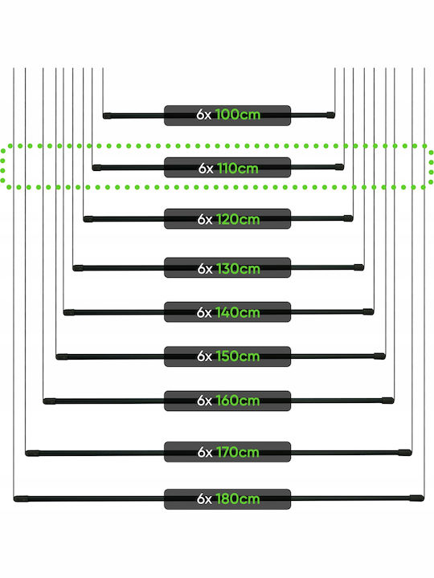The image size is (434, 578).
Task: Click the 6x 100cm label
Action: pos(227,115)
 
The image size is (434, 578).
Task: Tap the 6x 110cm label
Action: pos(227,168)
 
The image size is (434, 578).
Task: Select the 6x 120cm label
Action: pos(227,219)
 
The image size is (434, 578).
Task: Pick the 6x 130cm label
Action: pos(227,268)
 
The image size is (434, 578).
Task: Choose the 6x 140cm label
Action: pos(227,312)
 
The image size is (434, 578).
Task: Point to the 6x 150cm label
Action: pos(227,356)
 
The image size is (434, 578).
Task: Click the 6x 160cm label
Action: pos(227,401)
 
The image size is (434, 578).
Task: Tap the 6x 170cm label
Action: pos(227,452)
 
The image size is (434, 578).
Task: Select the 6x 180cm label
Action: pos(227,499)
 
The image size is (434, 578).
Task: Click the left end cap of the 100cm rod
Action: pos(107,116)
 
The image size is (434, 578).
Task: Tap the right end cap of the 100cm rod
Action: pos(330,115)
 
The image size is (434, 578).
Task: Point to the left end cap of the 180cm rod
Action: pos(21,499)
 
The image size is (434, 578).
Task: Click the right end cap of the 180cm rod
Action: pos(416,498)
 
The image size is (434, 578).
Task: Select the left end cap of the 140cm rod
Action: pos(69,312)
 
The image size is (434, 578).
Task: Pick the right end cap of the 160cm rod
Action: pos(388,401)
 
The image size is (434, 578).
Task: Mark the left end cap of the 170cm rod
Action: pos(32,453)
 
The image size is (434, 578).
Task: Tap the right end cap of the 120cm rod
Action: pos(348,218)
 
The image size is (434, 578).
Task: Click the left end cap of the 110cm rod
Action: pos(97,168)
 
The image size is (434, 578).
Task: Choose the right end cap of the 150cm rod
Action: pos(379,356)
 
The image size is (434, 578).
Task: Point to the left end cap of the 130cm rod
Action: pos(78,268)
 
